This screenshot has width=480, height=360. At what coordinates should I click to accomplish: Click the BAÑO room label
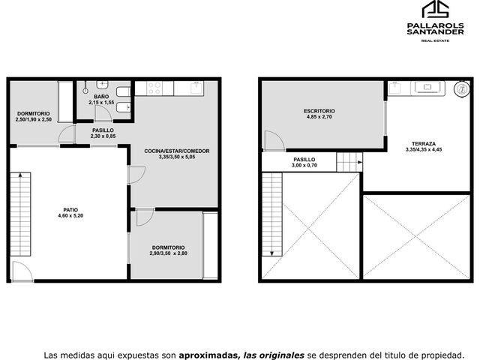[101, 97]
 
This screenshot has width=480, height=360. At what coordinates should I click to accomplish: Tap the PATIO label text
[70, 210]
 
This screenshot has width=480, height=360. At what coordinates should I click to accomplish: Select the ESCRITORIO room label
[319, 111]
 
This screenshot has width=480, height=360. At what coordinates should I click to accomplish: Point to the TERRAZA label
[424, 144]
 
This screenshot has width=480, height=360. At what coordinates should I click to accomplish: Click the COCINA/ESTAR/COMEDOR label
[177, 151]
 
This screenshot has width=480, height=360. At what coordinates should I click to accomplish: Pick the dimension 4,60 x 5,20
[70, 216]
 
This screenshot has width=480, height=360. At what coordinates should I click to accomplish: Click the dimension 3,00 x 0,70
[304, 166]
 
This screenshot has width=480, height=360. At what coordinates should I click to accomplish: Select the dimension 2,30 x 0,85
[103, 136]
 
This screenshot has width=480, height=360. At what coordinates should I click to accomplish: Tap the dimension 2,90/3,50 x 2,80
[168, 253]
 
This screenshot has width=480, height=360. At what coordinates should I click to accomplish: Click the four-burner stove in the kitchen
[154, 88]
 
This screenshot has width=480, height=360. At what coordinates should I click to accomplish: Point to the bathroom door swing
[103, 114]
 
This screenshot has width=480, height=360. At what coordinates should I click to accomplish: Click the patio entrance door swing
[22, 271]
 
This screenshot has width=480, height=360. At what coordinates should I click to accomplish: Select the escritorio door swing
[274, 141]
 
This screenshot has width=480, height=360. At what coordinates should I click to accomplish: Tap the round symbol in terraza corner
[462, 89]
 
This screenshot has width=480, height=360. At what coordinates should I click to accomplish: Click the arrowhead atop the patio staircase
[20, 175]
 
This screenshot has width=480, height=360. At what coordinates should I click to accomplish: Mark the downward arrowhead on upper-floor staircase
[271, 253]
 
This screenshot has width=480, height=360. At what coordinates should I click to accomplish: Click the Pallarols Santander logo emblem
[435, 9]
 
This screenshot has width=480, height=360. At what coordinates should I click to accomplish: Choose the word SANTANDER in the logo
[435, 31]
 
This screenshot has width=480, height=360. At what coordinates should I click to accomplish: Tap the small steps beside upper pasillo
[349, 162]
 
